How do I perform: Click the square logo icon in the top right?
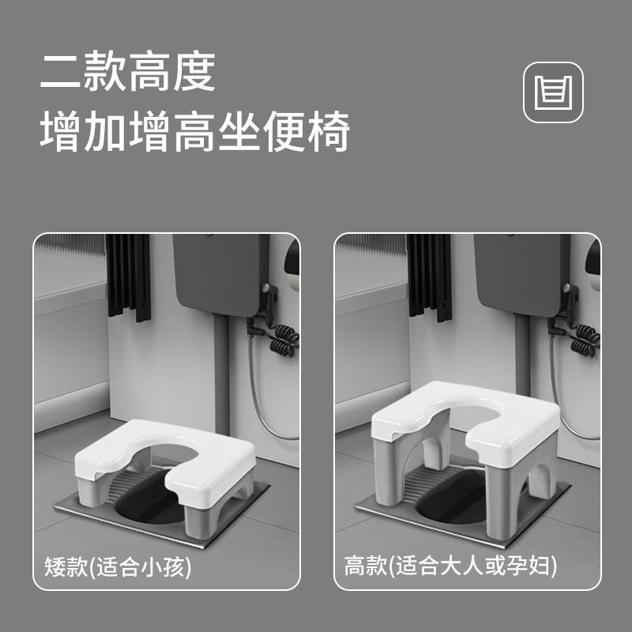pos(554,93)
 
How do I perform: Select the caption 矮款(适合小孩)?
pos(118,567)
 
